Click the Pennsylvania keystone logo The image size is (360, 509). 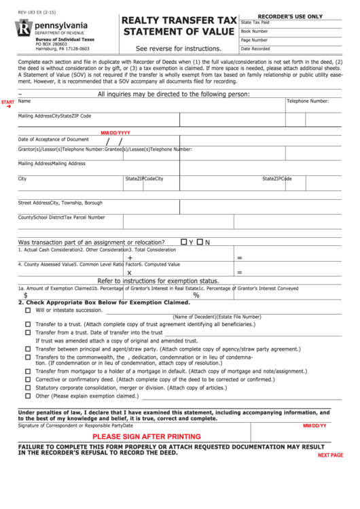tap(24, 29)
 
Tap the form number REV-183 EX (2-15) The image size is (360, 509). tap(36, 13)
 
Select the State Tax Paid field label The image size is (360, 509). tap(255, 22)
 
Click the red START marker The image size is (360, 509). tap(7, 102)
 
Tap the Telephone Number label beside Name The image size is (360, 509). tap(307, 101)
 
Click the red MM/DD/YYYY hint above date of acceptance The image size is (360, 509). tap(115, 133)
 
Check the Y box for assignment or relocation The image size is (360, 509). tap(183, 242)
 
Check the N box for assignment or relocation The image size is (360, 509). tap(200, 242)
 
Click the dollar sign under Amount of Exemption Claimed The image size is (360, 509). tap(26, 296)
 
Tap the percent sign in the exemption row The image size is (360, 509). tap(196, 296)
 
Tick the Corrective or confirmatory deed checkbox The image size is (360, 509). tap(28, 380)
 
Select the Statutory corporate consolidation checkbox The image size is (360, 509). tap(28, 387)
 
